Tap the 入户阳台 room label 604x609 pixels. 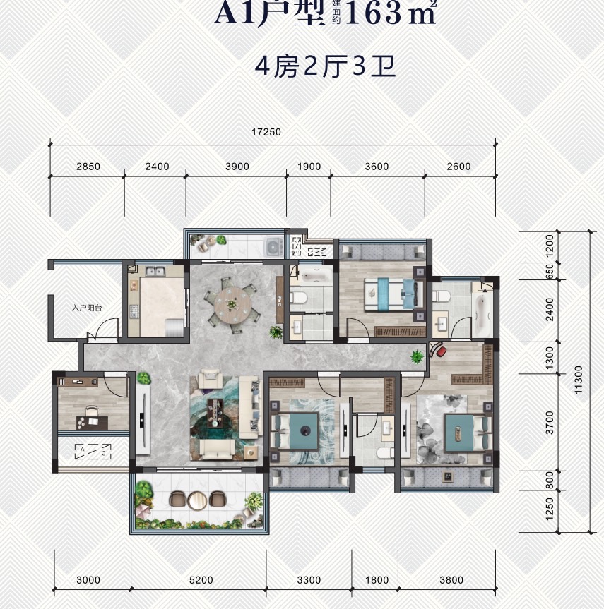pyautogui.click(x=88, y=308)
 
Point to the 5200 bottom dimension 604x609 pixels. pyautogui.click(x=201, y=580)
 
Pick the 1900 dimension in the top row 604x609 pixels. pyautogui.click(x=309, y=167)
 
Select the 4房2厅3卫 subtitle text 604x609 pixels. pyautogui.click(x=324, y=68)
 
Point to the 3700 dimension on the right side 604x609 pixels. pyautogui.click(x=550, y=423)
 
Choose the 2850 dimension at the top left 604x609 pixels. pyautogui.click(x=88, y=167)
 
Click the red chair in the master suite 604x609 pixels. pyautogui.click(x=439, y=349)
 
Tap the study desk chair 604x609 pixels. pyautogui.click(x=90, y=412)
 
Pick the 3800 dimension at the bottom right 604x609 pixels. pyautogui.click(x=451, y=580)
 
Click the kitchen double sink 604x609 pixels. pyautogui.click(x=153, y=272)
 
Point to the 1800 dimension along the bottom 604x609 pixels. pyautogui.click(x=377, y=580)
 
